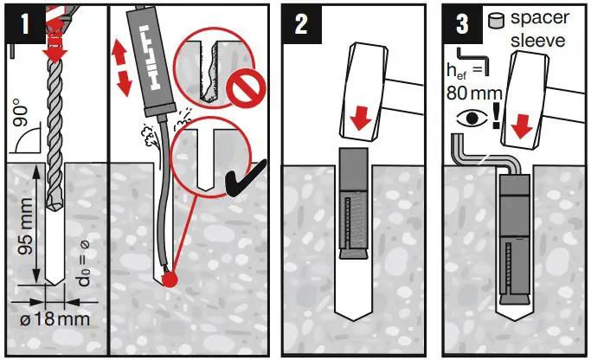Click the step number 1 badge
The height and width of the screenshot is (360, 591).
(x=24, y=23)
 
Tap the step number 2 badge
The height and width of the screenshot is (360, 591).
(x=301, y=24)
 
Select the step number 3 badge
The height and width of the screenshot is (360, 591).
(x=462, y=24)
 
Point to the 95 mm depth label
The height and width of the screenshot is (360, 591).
(x=26, y=225)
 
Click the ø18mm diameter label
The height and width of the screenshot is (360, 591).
(x=55, y=319)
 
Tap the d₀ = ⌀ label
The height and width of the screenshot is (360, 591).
(x=84, y=263)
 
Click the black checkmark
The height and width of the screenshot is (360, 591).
(x=246, y=180)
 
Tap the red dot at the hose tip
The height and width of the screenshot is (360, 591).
(x=170, y=280)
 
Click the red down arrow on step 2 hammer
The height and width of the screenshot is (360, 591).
(x=360, y=118)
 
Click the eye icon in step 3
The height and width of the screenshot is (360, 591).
(x=472, y=119)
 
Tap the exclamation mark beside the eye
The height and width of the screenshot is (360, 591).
(x=496, y=117)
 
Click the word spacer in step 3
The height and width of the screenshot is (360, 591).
(x=540, y=18)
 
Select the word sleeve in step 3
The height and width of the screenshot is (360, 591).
(x=538, y=40)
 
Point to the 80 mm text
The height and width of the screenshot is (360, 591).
(x=474, y=93)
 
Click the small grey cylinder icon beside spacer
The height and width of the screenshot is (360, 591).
(x=496, y=20)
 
